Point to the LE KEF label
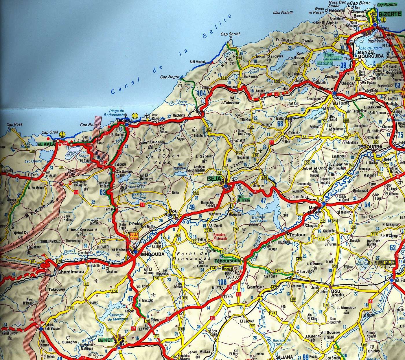coord(105,340)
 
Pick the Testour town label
coord(297,235)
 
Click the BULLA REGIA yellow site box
coord(134,236)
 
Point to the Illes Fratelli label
coord(283,13)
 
